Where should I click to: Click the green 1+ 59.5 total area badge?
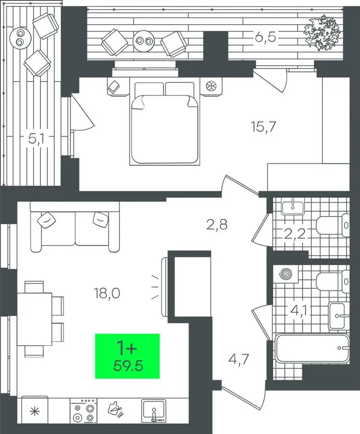tap(127, 356)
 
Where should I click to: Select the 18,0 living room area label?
tap(107, 293)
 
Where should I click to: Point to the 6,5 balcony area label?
tap(266, 37)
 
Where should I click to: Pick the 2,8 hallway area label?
tap(217, 224)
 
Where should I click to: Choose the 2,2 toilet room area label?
tap(294, 234)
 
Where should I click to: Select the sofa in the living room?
tap(75, 227)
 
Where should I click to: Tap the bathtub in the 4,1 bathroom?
tap(312, 349)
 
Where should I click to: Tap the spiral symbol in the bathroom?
tap(286, 274)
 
